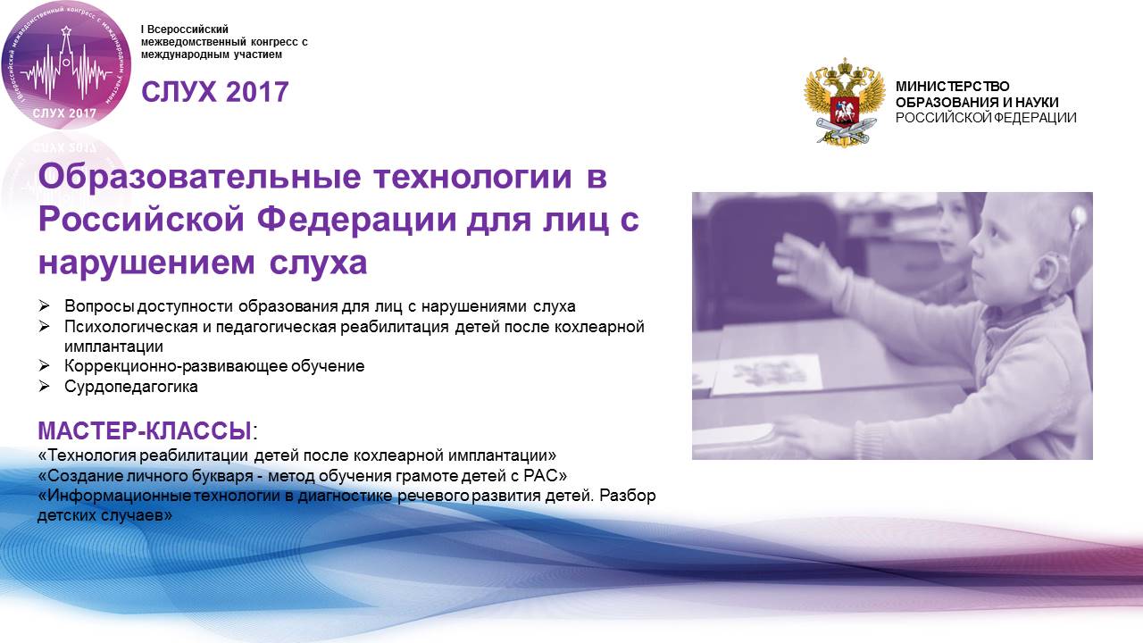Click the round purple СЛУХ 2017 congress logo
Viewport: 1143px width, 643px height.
(x=66, y=65)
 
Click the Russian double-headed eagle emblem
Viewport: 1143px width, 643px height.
(x=844, y=102)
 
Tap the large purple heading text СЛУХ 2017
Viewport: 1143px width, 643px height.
(x=215, y=92)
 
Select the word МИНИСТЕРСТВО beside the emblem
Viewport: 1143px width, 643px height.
(x=952, y=87)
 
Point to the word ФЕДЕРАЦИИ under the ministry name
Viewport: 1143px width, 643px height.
(x=1037, y=117)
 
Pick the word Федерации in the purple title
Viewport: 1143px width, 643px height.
(x=356, y=220)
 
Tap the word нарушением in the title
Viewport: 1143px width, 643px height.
(x=146, y=263)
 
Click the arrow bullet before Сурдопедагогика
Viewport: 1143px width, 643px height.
(x=45, y=387)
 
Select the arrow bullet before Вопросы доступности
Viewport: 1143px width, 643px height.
(x=45, y=305)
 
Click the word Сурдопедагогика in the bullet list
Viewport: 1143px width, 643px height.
(x=131, y=387)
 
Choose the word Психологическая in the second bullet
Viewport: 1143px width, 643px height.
(x=131, y=326)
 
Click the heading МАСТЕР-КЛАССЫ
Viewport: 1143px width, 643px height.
(x=145, y=431)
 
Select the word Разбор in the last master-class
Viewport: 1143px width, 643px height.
(x=628, y=496)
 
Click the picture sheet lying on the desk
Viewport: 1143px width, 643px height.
(x=766, y=374)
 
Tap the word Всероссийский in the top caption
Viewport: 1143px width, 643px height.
(x=188, y=29)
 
